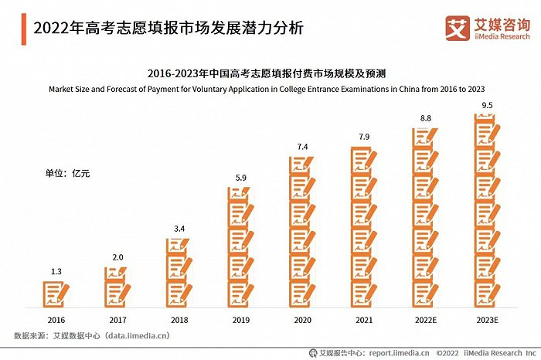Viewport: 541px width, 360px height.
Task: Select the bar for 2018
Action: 179,272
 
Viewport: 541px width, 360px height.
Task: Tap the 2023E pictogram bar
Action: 485,210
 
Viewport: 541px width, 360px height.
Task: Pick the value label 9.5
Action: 485,105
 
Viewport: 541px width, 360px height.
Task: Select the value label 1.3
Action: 56,271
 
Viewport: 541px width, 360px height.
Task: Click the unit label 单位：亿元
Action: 67,173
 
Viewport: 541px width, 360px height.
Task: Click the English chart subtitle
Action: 270,89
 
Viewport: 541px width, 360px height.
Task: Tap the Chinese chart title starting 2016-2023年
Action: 270,74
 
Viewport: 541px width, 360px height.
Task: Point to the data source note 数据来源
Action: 92,335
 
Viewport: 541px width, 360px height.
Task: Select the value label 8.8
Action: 424,117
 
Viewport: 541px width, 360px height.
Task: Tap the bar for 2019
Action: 240,247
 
